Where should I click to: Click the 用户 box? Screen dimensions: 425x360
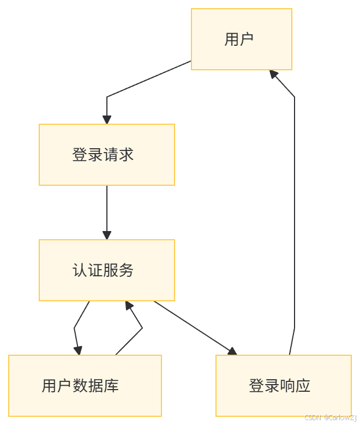(241, 39)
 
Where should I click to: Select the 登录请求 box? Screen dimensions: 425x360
(107, 155)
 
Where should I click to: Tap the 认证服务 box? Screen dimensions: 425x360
(107, 270)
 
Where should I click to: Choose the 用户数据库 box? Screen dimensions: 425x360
(85, 386)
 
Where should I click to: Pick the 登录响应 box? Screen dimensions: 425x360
(284, 386)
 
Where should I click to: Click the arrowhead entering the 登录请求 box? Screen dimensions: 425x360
(107, 119)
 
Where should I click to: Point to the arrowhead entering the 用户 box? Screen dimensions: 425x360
(274, 75)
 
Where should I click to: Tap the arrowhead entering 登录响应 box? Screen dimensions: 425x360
(232, 351)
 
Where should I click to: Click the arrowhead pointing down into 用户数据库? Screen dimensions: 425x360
(79, 350)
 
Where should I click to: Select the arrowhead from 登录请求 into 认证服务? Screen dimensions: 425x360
(107, 235)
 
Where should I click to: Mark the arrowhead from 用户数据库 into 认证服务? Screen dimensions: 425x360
(128, 306)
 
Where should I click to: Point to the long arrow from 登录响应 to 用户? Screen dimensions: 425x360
(295, 218)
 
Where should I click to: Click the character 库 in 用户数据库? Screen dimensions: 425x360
(111, 386)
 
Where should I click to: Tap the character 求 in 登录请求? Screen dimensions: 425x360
(127, 155)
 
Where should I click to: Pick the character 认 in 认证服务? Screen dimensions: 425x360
(80, 270)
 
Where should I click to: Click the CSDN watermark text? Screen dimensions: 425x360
(331, 417)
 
